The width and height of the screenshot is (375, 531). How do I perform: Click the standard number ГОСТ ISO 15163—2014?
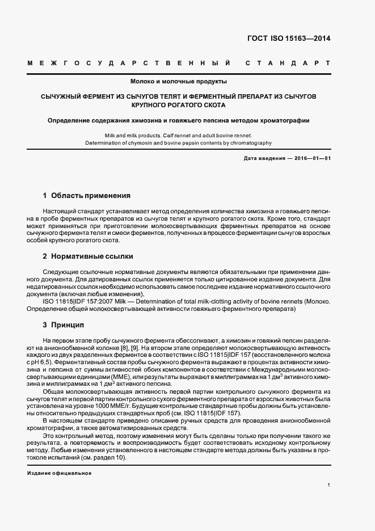[289, 39]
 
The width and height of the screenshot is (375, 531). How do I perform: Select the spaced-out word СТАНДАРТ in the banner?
[288, 62]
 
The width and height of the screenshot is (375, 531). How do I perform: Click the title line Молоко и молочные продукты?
[179, 81]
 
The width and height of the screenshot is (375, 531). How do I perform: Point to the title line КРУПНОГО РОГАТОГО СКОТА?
[178, 106]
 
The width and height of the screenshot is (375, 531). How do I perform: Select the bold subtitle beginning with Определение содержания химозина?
[179, 120]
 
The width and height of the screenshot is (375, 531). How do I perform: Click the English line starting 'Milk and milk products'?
[178, 136]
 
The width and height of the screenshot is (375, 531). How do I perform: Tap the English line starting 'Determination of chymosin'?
[178, 144]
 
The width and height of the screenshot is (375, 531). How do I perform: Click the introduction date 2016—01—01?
[311, 158]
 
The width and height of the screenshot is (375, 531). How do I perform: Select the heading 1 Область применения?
[87, 196]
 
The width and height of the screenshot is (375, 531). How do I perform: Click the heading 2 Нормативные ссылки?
[88, 256]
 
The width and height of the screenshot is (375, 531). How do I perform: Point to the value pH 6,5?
[53, 361]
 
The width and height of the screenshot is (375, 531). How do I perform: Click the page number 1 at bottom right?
[329, 486]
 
